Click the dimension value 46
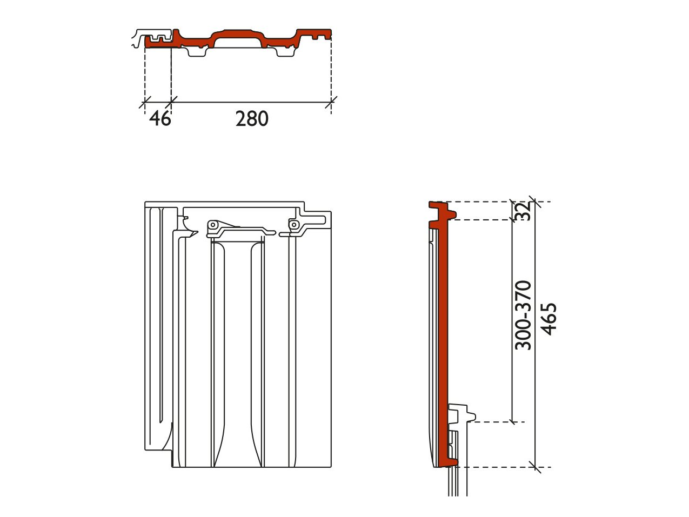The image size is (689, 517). (160, 119)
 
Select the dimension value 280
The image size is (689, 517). (252, 119)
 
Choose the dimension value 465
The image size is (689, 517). (548, 319)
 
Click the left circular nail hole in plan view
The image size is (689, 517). (213, 225)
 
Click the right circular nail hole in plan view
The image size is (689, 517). (294, 225)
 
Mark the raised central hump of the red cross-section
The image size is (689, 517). (238, 34)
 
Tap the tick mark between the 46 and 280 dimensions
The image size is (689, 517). (171, 102)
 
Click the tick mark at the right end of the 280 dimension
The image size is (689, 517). (331, 102)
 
